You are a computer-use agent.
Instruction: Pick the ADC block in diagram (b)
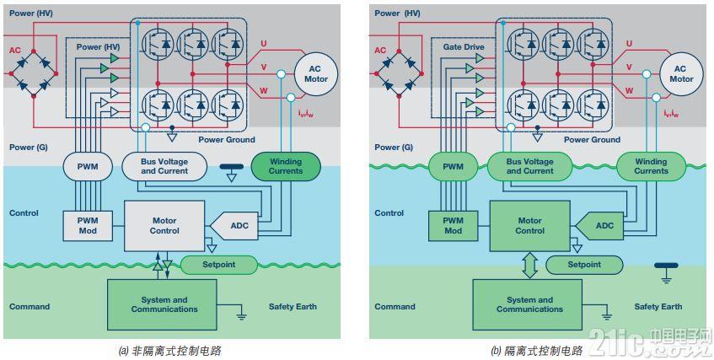click(604, 225)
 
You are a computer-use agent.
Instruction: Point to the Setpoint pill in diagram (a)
click(218, 265)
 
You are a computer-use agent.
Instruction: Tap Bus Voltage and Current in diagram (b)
click(529, 166)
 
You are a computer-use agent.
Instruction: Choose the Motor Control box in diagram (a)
click(164, 225)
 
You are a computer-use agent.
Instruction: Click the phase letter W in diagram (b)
click(628, 90)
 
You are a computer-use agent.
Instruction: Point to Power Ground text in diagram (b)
click(592, 140)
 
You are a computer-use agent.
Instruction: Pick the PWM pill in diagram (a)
click(87, 166)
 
